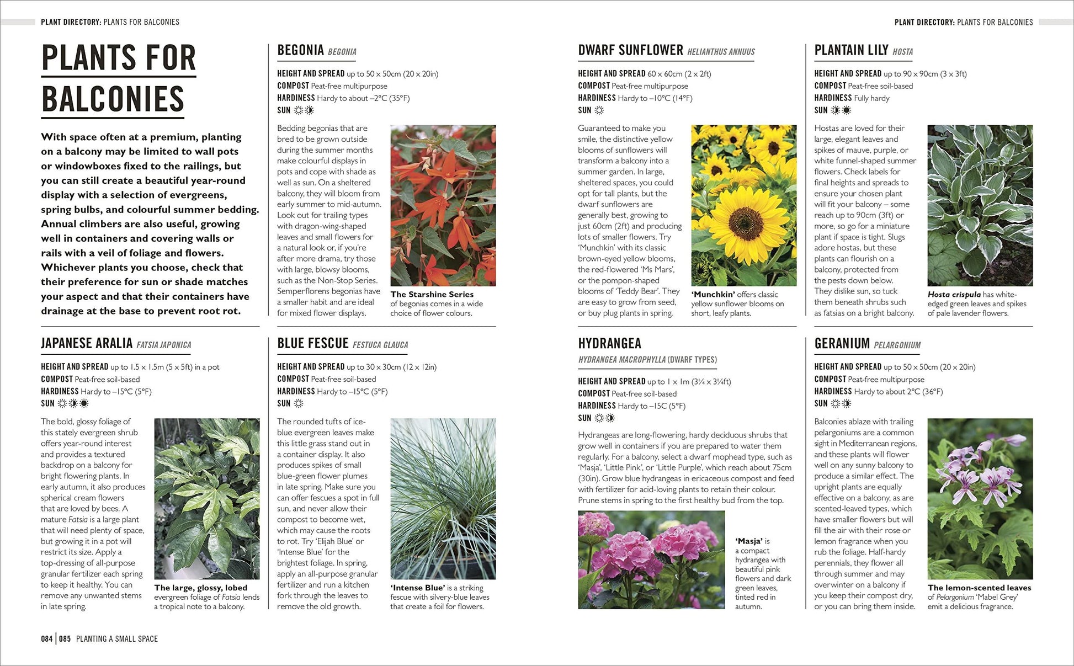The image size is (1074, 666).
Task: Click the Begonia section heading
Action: pyautogui.click(x=300, y=50)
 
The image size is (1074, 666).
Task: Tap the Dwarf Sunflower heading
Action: pyautogui.click(x=631, y=50)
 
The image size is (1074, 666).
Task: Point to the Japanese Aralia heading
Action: pyautogui.click(x=87, y=344)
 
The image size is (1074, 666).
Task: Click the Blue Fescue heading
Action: pyautogui.click(x=312, y=344)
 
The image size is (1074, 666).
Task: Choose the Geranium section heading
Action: pyautogui.click(x=842, y=344)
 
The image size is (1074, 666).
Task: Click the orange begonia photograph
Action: pyautogui.click(x=443, y=205)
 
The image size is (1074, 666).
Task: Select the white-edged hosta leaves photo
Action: pyautogui.click(x=980, y=205)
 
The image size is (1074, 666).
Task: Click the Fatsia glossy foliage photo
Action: pyautogui.click(x=207, y=498)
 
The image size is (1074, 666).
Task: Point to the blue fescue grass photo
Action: pyautogui.click(x=443, y=498)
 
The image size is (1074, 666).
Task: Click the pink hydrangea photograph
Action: pyautogui.click(x=651, y=560)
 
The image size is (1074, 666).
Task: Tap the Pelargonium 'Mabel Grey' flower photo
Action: pyautogui.click(x=980, y=498)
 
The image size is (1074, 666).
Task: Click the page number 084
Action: pyautogui.click(x=47, y=639)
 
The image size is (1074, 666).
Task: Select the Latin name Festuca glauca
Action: pyautogui.click(x=380, y=345)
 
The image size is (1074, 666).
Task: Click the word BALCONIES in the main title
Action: pyautogui.click(x=113, y=99)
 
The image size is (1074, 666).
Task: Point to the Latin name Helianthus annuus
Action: pyautogui.click(x=721, y=52)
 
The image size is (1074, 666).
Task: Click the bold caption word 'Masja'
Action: pyautogui.click(x=749, y=541)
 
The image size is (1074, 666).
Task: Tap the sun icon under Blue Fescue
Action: pyautogui.click(x=299, y=403)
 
